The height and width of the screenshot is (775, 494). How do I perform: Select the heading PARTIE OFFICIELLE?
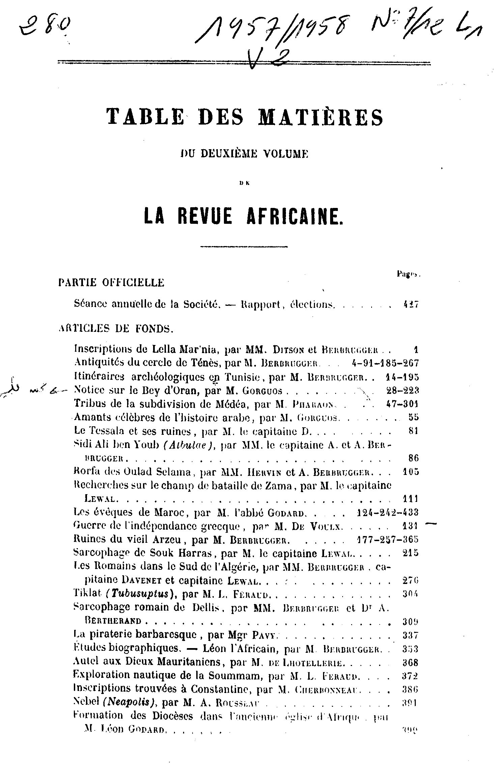click(x=111, y=282)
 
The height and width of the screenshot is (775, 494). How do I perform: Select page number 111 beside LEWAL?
click(x=410, y=498)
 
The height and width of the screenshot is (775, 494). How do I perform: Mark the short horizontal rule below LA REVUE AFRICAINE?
click(x=243, y=247)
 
